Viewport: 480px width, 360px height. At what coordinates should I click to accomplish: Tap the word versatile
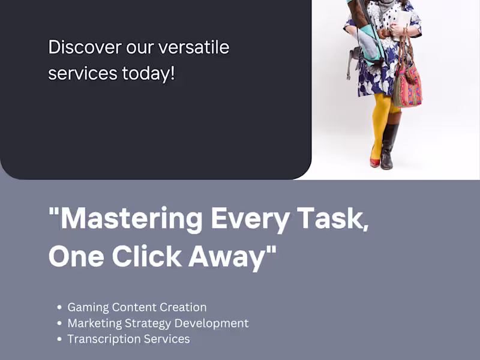coord(194,47)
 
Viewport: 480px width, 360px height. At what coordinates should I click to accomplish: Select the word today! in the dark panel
coord(148,74)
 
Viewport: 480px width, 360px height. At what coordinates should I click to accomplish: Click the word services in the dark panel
coord(83,74)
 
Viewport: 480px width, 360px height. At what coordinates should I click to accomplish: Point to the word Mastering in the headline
coord(131,219)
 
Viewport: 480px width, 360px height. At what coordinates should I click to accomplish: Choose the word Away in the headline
coord(227,258)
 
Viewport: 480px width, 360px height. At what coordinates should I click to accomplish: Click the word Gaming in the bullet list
coord(88,308)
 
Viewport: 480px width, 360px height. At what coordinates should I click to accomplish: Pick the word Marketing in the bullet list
coord(94,323)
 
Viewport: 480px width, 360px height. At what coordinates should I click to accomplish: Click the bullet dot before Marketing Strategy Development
coord(59,323)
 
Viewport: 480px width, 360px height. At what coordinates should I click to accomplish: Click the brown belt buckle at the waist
coord(383,33)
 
